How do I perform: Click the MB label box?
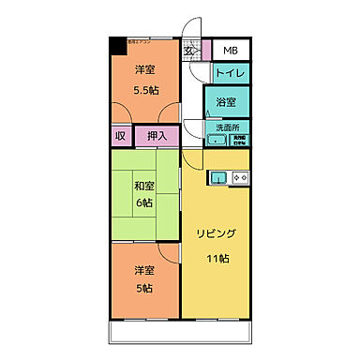point(230,51)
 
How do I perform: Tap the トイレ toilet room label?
point(230,72)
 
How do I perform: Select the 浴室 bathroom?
point(226,100)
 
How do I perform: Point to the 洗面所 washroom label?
point(228,127)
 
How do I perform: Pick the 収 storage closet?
point(120,137)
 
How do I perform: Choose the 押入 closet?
point(157,137)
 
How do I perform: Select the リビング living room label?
point(216,232)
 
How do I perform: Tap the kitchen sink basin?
point(218,177)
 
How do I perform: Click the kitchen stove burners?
point(239,177)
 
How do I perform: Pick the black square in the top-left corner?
point(114,44)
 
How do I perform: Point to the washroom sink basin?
point(217,141)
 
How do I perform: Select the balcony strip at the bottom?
point(182,332)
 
